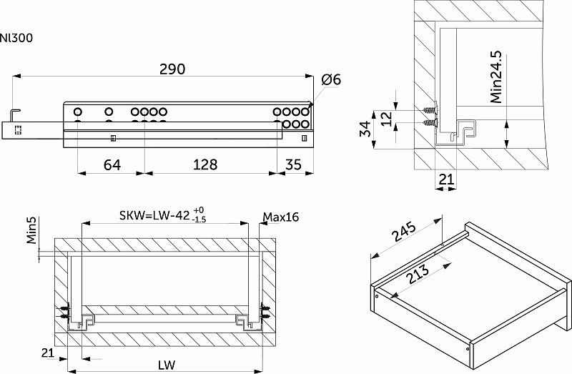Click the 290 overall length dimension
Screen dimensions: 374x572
click(x=172, y=69)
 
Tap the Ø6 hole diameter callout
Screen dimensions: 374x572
click(x=331, y=80)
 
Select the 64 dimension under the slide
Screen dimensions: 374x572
click(x=112, y=165)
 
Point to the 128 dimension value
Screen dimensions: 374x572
click(x=205, y=165)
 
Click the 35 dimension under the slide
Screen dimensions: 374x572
click(x=293, y=165)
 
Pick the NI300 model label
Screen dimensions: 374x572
click(x=16, y=37)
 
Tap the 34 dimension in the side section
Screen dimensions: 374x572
click(x=365, y=130)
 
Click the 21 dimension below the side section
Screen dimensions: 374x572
click(x=446, y=181)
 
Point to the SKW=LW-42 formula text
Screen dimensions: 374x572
click(x=154, y=216)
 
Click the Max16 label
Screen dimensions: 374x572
click(x=280, y=216)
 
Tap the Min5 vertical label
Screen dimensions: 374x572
click(x=33, y=230)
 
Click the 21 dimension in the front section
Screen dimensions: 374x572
click(x=48, y=353)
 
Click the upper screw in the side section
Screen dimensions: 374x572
click(x=429, y=112)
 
